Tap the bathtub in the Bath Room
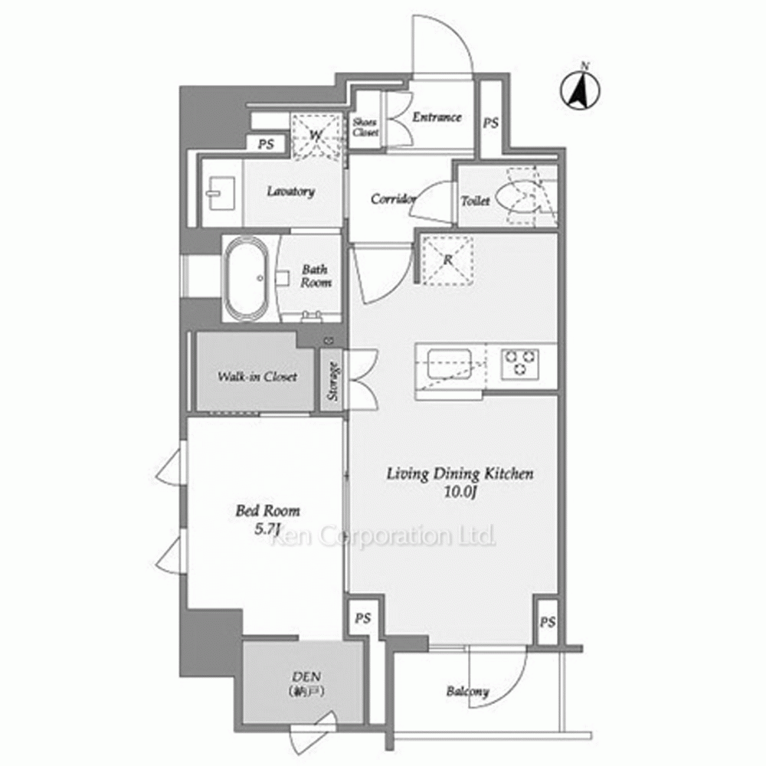[245, 278]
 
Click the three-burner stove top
[520, 364]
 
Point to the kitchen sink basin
[449, 364]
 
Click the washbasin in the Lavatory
[221, 193]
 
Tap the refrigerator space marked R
[448, 260]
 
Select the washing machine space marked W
[316, 136]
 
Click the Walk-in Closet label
[257, 377]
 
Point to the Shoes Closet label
[365, 127]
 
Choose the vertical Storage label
[333, 381]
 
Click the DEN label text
[306, 676]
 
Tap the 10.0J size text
[460, 492]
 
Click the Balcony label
[467, 692]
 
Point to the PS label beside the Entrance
[491, 123]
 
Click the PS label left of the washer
[266, 145]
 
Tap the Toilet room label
[476, 200]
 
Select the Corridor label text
[393, 199]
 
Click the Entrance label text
[437, 116]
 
